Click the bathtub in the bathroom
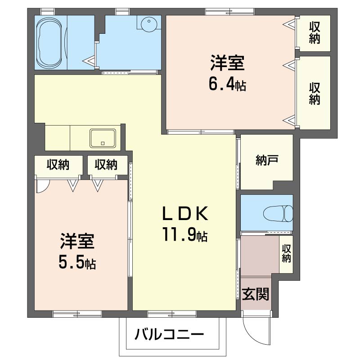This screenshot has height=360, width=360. click(50, 43)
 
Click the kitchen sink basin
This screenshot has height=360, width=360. click(103, 138)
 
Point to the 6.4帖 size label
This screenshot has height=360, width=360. click(227, 84)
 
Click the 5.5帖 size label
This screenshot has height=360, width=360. click(77, 262)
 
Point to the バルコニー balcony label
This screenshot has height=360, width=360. click(169, 334)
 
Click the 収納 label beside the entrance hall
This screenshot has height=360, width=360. click(286, 254)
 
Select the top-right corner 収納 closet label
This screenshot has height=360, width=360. click(314, 33)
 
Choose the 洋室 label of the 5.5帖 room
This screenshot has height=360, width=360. click(77, 242)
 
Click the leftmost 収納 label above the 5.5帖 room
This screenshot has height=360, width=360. click(58, 165)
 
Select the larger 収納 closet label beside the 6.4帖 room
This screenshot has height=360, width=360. click(314, 93)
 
